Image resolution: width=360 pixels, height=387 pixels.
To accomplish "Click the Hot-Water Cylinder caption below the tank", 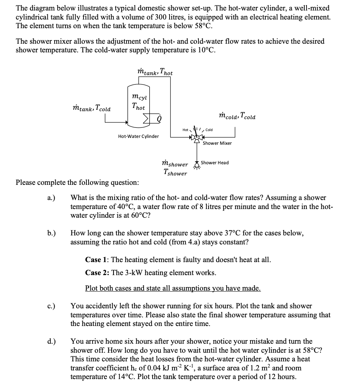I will [138, 136].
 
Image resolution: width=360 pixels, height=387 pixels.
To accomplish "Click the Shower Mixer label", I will [217, 143].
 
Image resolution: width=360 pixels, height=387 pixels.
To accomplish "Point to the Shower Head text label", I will [215, 163].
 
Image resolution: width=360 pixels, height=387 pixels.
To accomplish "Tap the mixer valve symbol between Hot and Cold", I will [197, 137].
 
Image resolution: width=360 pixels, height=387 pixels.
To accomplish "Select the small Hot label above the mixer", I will [185, 130].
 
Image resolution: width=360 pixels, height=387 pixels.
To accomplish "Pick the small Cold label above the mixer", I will [209, 130].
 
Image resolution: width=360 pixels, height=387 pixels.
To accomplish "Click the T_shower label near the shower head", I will [175, 173].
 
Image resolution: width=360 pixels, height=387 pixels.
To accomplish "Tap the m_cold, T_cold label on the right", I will [237, 116].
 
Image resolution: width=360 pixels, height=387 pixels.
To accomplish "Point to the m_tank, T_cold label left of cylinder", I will [92, 108].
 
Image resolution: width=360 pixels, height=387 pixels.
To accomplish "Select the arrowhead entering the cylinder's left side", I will [127, 122].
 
